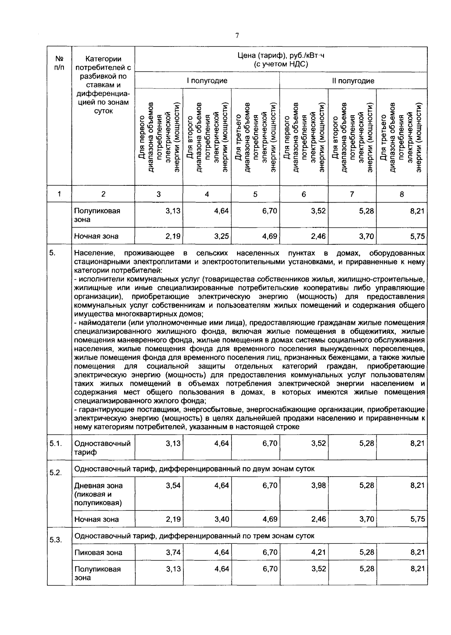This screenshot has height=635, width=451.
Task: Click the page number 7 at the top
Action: click(237, 36)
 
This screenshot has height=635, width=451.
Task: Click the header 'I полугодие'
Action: click(207, 81)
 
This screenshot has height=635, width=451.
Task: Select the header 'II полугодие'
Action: click(353, 81)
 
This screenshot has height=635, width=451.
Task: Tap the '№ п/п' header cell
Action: click(59, 63)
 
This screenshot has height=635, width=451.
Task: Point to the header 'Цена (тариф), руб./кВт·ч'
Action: click(280, 56)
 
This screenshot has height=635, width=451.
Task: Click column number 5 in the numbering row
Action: click(255, 194)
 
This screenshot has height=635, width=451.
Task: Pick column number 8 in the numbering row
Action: click(401, 194)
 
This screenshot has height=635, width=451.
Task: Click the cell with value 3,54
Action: click(173, 486)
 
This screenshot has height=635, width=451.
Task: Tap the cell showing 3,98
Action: click(319, 486)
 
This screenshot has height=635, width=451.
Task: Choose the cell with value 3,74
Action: click(173, 552)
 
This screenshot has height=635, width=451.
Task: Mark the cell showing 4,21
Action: click(319, 552)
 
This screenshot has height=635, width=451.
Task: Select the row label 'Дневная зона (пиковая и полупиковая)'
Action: click(98, 494)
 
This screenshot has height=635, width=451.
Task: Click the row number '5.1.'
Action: click(55, 444)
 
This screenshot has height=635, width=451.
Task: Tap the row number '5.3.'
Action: click(55, 540)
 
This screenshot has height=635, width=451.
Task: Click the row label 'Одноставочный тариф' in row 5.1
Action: click(102, 448)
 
